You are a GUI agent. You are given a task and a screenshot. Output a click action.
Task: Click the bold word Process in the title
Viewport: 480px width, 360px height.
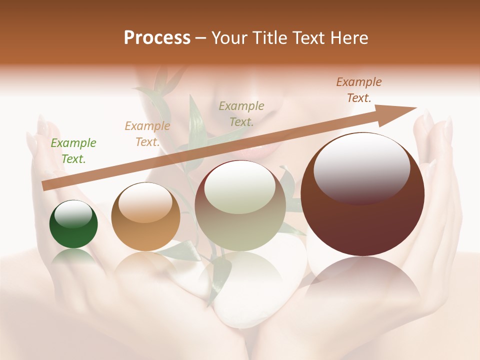coord(157,38)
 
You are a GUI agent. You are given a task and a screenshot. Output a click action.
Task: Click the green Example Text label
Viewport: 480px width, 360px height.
coord(73,151)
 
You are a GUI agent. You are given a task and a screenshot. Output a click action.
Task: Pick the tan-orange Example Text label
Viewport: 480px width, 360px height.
coord(147,134)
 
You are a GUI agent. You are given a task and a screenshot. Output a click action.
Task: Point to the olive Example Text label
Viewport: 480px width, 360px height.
coord(241,113)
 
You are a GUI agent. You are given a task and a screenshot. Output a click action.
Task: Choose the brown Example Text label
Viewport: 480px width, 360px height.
coord(359,90)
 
